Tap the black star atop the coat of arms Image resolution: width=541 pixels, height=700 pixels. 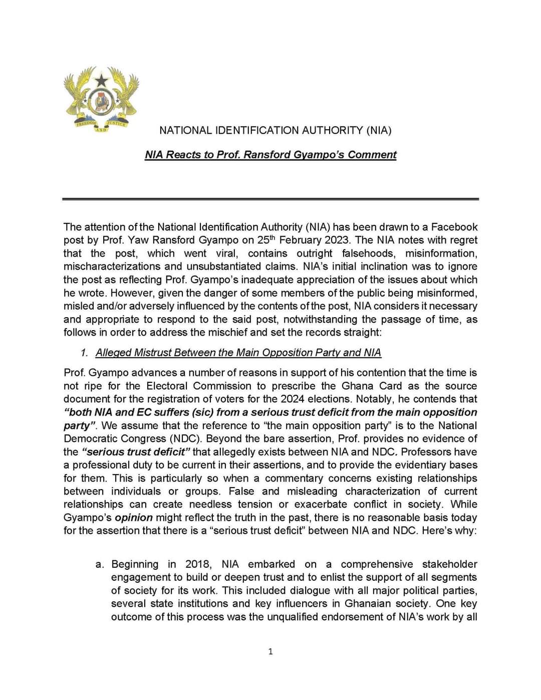pyautogui.click(x=102, y=79)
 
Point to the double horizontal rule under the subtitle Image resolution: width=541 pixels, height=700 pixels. pyautogui.click(x=270, y=199)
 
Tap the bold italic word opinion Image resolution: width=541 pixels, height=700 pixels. pyautogui.click(x=134, y=518)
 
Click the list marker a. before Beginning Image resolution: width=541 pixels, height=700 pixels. pyautogui.click(x=100, y=565)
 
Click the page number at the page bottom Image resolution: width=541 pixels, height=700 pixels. pyautogui.click(x=270, y=652)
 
